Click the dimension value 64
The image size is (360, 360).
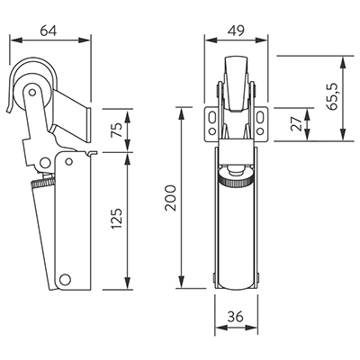click(49, 31)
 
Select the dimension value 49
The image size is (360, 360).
click(236, 31)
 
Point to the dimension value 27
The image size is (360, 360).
click(297, 124)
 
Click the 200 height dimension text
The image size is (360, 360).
click(171, 198)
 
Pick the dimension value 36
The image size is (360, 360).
click(236, 317)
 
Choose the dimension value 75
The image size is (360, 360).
click(117, 130)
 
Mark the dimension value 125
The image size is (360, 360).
click(117, 219)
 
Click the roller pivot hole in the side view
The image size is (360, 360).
click(31, 92)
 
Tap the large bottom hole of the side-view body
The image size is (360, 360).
click(65, 279)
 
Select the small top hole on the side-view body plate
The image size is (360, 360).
click(69, 162)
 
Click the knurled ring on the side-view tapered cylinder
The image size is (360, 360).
click(43, 183)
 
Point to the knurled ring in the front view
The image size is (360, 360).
click(236, 182)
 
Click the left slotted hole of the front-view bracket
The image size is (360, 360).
click(212, 117)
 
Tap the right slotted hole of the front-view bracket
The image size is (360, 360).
click(260, 117)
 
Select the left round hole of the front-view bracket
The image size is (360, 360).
click(212, 131)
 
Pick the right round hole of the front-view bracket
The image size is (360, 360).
click(260, 131)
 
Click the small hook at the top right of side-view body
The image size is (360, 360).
click(93, 153)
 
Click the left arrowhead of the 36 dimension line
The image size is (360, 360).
click(221, 328)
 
